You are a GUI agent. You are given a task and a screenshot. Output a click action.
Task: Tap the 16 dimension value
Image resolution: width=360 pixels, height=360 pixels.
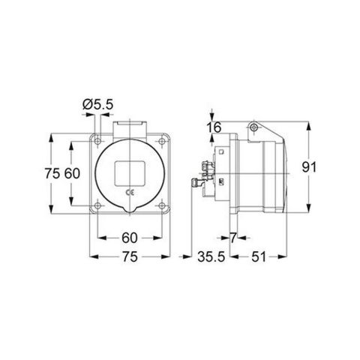click(x=214, y=127)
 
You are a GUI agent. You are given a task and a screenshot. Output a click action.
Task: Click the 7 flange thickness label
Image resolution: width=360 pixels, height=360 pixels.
click(x=235, y=238)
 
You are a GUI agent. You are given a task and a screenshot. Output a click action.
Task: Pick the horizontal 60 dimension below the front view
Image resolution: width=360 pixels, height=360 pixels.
click(x=129, y=238)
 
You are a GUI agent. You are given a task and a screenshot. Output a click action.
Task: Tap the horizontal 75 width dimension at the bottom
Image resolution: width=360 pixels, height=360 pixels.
click(x=129, y=258)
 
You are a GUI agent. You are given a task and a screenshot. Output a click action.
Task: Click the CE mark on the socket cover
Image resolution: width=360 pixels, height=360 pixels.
click(x=130, y=193)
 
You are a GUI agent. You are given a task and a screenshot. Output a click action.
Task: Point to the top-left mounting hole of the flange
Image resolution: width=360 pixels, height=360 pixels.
click(x=99, y=139)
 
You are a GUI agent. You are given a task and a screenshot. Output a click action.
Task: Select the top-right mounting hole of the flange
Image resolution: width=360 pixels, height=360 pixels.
click(x=160, y=139)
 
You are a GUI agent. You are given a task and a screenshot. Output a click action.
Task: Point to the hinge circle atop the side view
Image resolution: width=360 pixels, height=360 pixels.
click(x=255, y=128)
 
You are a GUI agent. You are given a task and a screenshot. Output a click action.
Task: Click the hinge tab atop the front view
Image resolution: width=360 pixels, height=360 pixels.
click(x=129, y=124)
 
